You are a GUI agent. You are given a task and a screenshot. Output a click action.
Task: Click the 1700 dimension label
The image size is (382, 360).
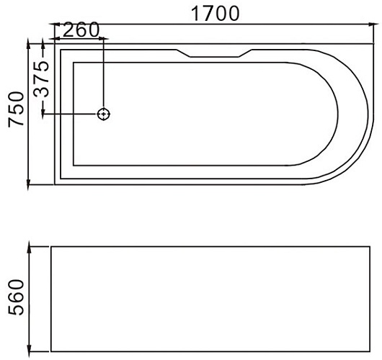pyautogui.click(x=215, y=14)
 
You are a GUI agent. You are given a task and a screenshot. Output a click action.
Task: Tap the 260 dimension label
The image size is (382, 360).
pyautogui.click(x=81, y=30)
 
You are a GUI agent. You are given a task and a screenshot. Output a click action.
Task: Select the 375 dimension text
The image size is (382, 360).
pyautogui.click(x=41, y=79)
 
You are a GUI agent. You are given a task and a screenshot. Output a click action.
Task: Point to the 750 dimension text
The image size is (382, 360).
pyautogui.click(x=16, y=109)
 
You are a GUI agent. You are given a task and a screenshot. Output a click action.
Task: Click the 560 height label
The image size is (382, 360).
pyautogui.click(x=16, y=297)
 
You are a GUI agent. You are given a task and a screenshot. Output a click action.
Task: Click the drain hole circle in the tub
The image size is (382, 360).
pyautogui.click(x=104, y=114)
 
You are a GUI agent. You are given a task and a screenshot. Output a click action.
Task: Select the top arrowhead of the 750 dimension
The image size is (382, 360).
pyautogui.click(x=28, y=42)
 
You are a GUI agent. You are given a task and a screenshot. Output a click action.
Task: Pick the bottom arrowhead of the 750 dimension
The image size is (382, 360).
pyautogui.click(x=28, y=186)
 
